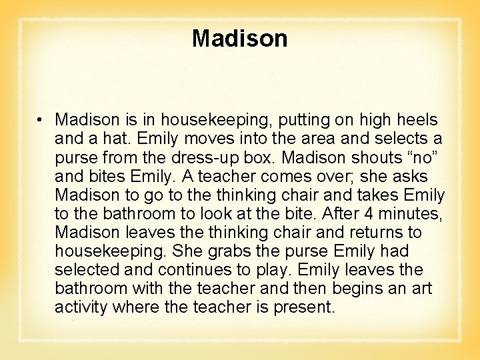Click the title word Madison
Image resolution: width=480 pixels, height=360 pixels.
239,39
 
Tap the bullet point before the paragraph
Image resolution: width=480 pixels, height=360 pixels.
41,121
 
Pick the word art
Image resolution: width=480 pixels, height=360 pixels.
420,289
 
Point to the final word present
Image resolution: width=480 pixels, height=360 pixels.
303,307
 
